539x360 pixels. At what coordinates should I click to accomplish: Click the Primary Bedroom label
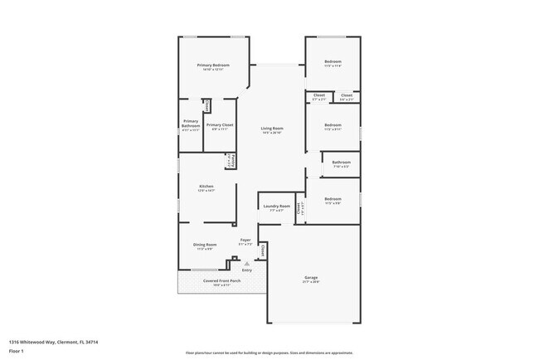213,65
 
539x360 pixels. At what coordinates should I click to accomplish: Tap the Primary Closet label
220,124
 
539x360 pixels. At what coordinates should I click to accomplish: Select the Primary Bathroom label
191,124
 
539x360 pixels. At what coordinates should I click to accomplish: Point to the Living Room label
272,129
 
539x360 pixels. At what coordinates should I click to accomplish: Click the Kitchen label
206,186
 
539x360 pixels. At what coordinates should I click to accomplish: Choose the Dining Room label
205,245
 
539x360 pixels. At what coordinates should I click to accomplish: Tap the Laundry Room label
276,206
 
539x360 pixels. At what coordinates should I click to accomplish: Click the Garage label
311,277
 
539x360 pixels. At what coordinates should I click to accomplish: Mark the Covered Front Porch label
221,280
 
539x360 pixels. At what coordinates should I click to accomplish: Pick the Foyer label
245,240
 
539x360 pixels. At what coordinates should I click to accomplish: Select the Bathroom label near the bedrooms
341,162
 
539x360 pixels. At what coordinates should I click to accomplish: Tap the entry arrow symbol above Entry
246,264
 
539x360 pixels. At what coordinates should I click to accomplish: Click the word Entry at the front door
246,270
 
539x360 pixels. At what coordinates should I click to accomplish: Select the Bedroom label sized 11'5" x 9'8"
333,198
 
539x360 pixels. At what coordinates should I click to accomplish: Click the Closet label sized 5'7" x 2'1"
319,95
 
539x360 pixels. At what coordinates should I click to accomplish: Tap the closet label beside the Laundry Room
299,209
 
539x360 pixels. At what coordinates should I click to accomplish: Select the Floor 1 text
17,351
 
